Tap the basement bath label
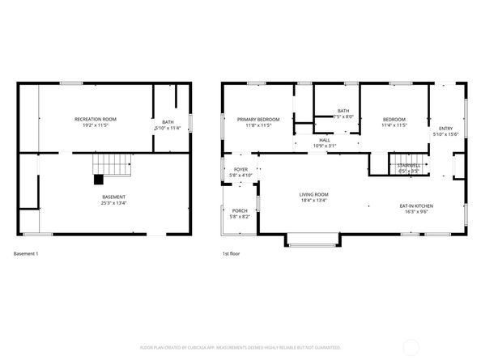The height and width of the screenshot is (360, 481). tap(168, 122)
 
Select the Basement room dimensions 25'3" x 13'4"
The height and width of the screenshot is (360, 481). tap(113, 203)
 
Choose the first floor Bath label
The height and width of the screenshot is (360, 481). tap(343, 111)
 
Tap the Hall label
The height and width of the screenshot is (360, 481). tap(324, 140)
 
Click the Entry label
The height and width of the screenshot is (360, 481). tap(445, 128)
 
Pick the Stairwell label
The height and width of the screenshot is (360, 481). tap(408, 165)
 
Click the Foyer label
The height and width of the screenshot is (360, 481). tap(240, 170)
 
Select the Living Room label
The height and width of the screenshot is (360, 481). tap(313, 194)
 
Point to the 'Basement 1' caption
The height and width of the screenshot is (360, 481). tap(26, 254)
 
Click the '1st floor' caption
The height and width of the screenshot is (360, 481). tap(232, 254)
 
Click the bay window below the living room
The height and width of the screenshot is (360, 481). tap(313, 240)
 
